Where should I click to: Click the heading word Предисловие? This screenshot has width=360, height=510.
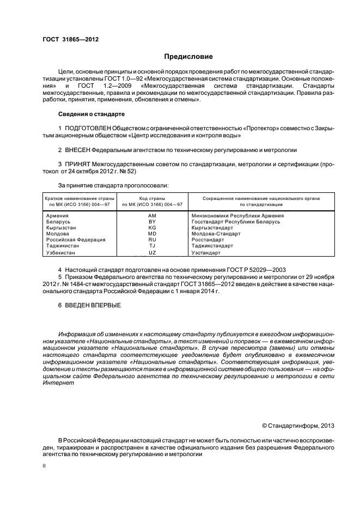(189, 57)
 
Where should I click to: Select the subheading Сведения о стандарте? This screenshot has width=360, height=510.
(91, 114)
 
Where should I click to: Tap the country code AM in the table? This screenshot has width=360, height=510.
(152, 216)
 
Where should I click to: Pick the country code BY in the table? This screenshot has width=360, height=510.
(152, 222)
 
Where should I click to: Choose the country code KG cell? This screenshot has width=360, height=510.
(152, 228)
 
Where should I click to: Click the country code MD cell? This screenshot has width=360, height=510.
(152, 234)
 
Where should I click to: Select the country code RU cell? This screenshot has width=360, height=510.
(152, 240)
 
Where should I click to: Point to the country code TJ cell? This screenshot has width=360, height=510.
(152, 246)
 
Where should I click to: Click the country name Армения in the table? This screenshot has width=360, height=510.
(58, 216)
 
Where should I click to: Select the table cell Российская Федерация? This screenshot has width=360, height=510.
(75, 240)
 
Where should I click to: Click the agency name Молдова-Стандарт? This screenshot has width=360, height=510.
(216, 234)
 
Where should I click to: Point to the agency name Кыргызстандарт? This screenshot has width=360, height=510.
(212, 228)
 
